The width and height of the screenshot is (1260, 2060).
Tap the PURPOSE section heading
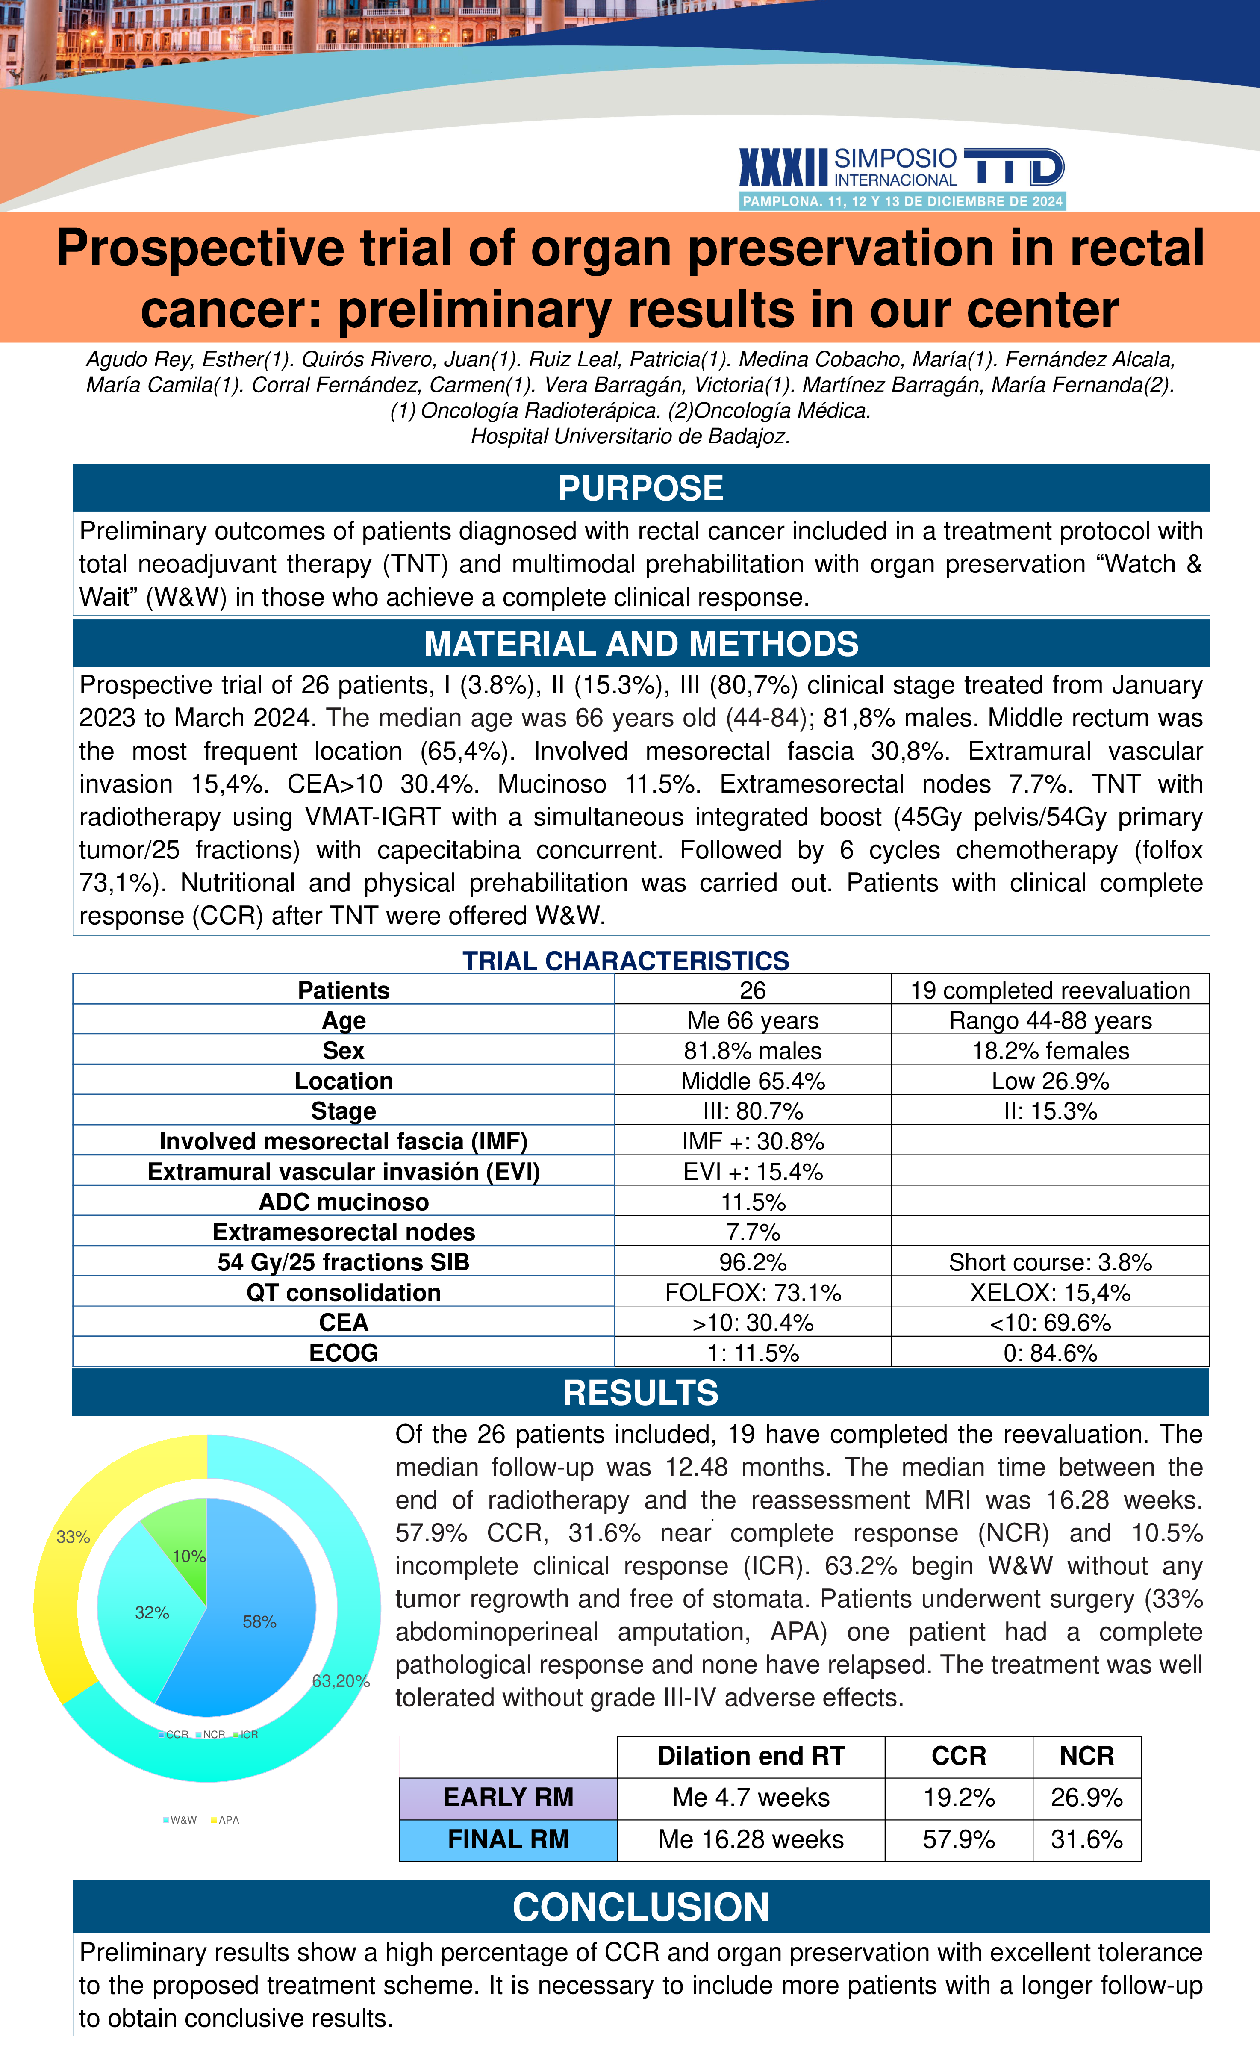click(640, 488)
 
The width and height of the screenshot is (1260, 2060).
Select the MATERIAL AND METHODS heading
click(640, 644)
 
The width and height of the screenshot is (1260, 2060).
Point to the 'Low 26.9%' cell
click(1050, 1081)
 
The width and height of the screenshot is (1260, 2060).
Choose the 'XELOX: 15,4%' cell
click(1050, 1293)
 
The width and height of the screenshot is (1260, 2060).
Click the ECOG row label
click(344, 1353)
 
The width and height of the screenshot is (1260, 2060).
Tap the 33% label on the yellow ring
click(73, 1537)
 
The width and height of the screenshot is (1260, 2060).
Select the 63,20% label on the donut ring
click(340, 1680)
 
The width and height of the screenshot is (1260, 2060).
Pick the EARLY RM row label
click(508, 1798)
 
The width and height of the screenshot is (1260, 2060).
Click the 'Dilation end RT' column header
click(751, 1756)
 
